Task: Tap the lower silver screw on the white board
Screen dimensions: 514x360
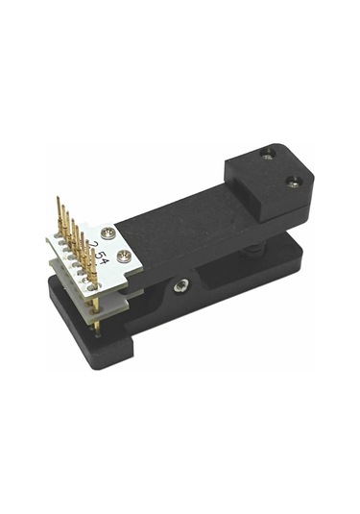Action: (x=125, y=255)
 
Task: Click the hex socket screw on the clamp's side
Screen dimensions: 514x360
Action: (x=180, y=284)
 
